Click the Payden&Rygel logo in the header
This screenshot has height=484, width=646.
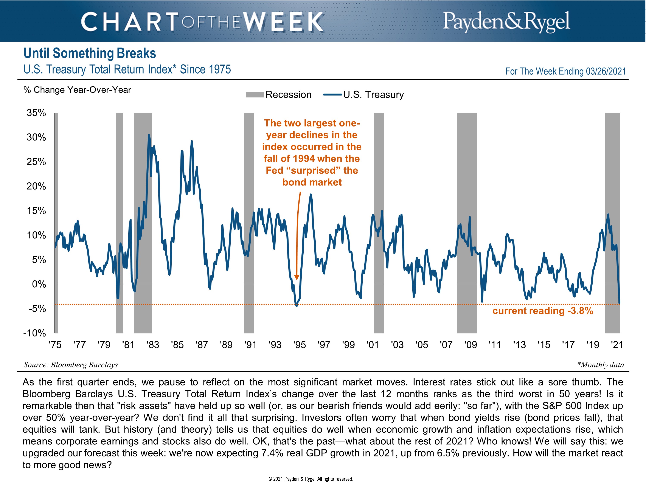pyautogui.click(x=506, y=21)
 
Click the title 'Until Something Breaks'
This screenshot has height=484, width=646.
pyautogui.click(x=90, y=53)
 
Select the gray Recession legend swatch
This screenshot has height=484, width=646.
pyautogui.click(x=255, y=94)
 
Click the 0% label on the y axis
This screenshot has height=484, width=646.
pyautogui.click(x=39, y=284)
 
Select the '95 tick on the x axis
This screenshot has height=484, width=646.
pyautogui.click(x=299, y=345)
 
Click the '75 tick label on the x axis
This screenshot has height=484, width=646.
pyautogui.click(x=55, y=345)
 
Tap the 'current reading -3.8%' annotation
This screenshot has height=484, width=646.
pyautogui.click(x=543, y=311)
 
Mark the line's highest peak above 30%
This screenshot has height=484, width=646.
pyautogui.click(x=149, y=135)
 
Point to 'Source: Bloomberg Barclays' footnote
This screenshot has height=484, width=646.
pyautogui.click(x=71, y=365)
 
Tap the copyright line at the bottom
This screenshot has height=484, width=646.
pyautogui.click(x=311, y=479)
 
